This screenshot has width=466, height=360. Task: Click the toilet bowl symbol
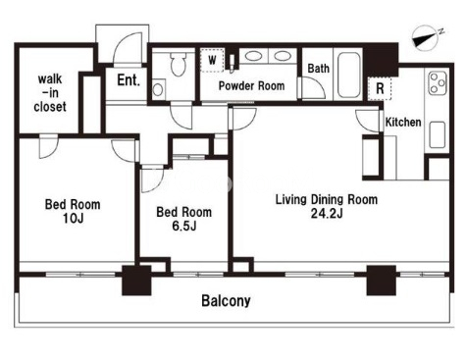pyautogui.click(x=179, y=64)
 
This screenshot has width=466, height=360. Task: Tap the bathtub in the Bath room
pyautogui.click(x=348, y=76)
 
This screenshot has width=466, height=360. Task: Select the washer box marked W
pyautogui.click(x=212, y=60)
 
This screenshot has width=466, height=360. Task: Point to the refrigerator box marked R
pyautogui.click(x=380, y=88)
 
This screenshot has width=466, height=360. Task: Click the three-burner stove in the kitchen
pyautogui.click(x=438, y=82)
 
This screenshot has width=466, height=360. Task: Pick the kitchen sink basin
pyautogui.click(x=438, y=134)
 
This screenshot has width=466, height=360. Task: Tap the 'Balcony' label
pyautogui.click(x=226, y=301)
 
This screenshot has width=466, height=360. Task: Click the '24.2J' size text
pyautogui.click(x=327, y=214)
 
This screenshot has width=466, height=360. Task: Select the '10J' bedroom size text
pyautogui.click(x=73, y=218)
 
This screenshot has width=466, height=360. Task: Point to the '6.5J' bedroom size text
pyautogui.click(x=184, y=226)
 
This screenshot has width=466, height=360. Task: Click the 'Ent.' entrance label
pyautogui.click(x=129, y=80)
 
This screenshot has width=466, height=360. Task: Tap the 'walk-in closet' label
pyautogui.click(x=50, y=93)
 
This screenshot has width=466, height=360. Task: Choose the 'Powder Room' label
pyautogui.click(x=251, y=86)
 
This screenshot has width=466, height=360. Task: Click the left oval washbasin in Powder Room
pyautogui.click(x=253, y=56)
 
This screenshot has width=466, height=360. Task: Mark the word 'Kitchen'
pyautogui.click(x=403, y=123)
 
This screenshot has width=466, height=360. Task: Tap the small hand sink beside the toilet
pyautogui.click(x=158, y=89)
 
